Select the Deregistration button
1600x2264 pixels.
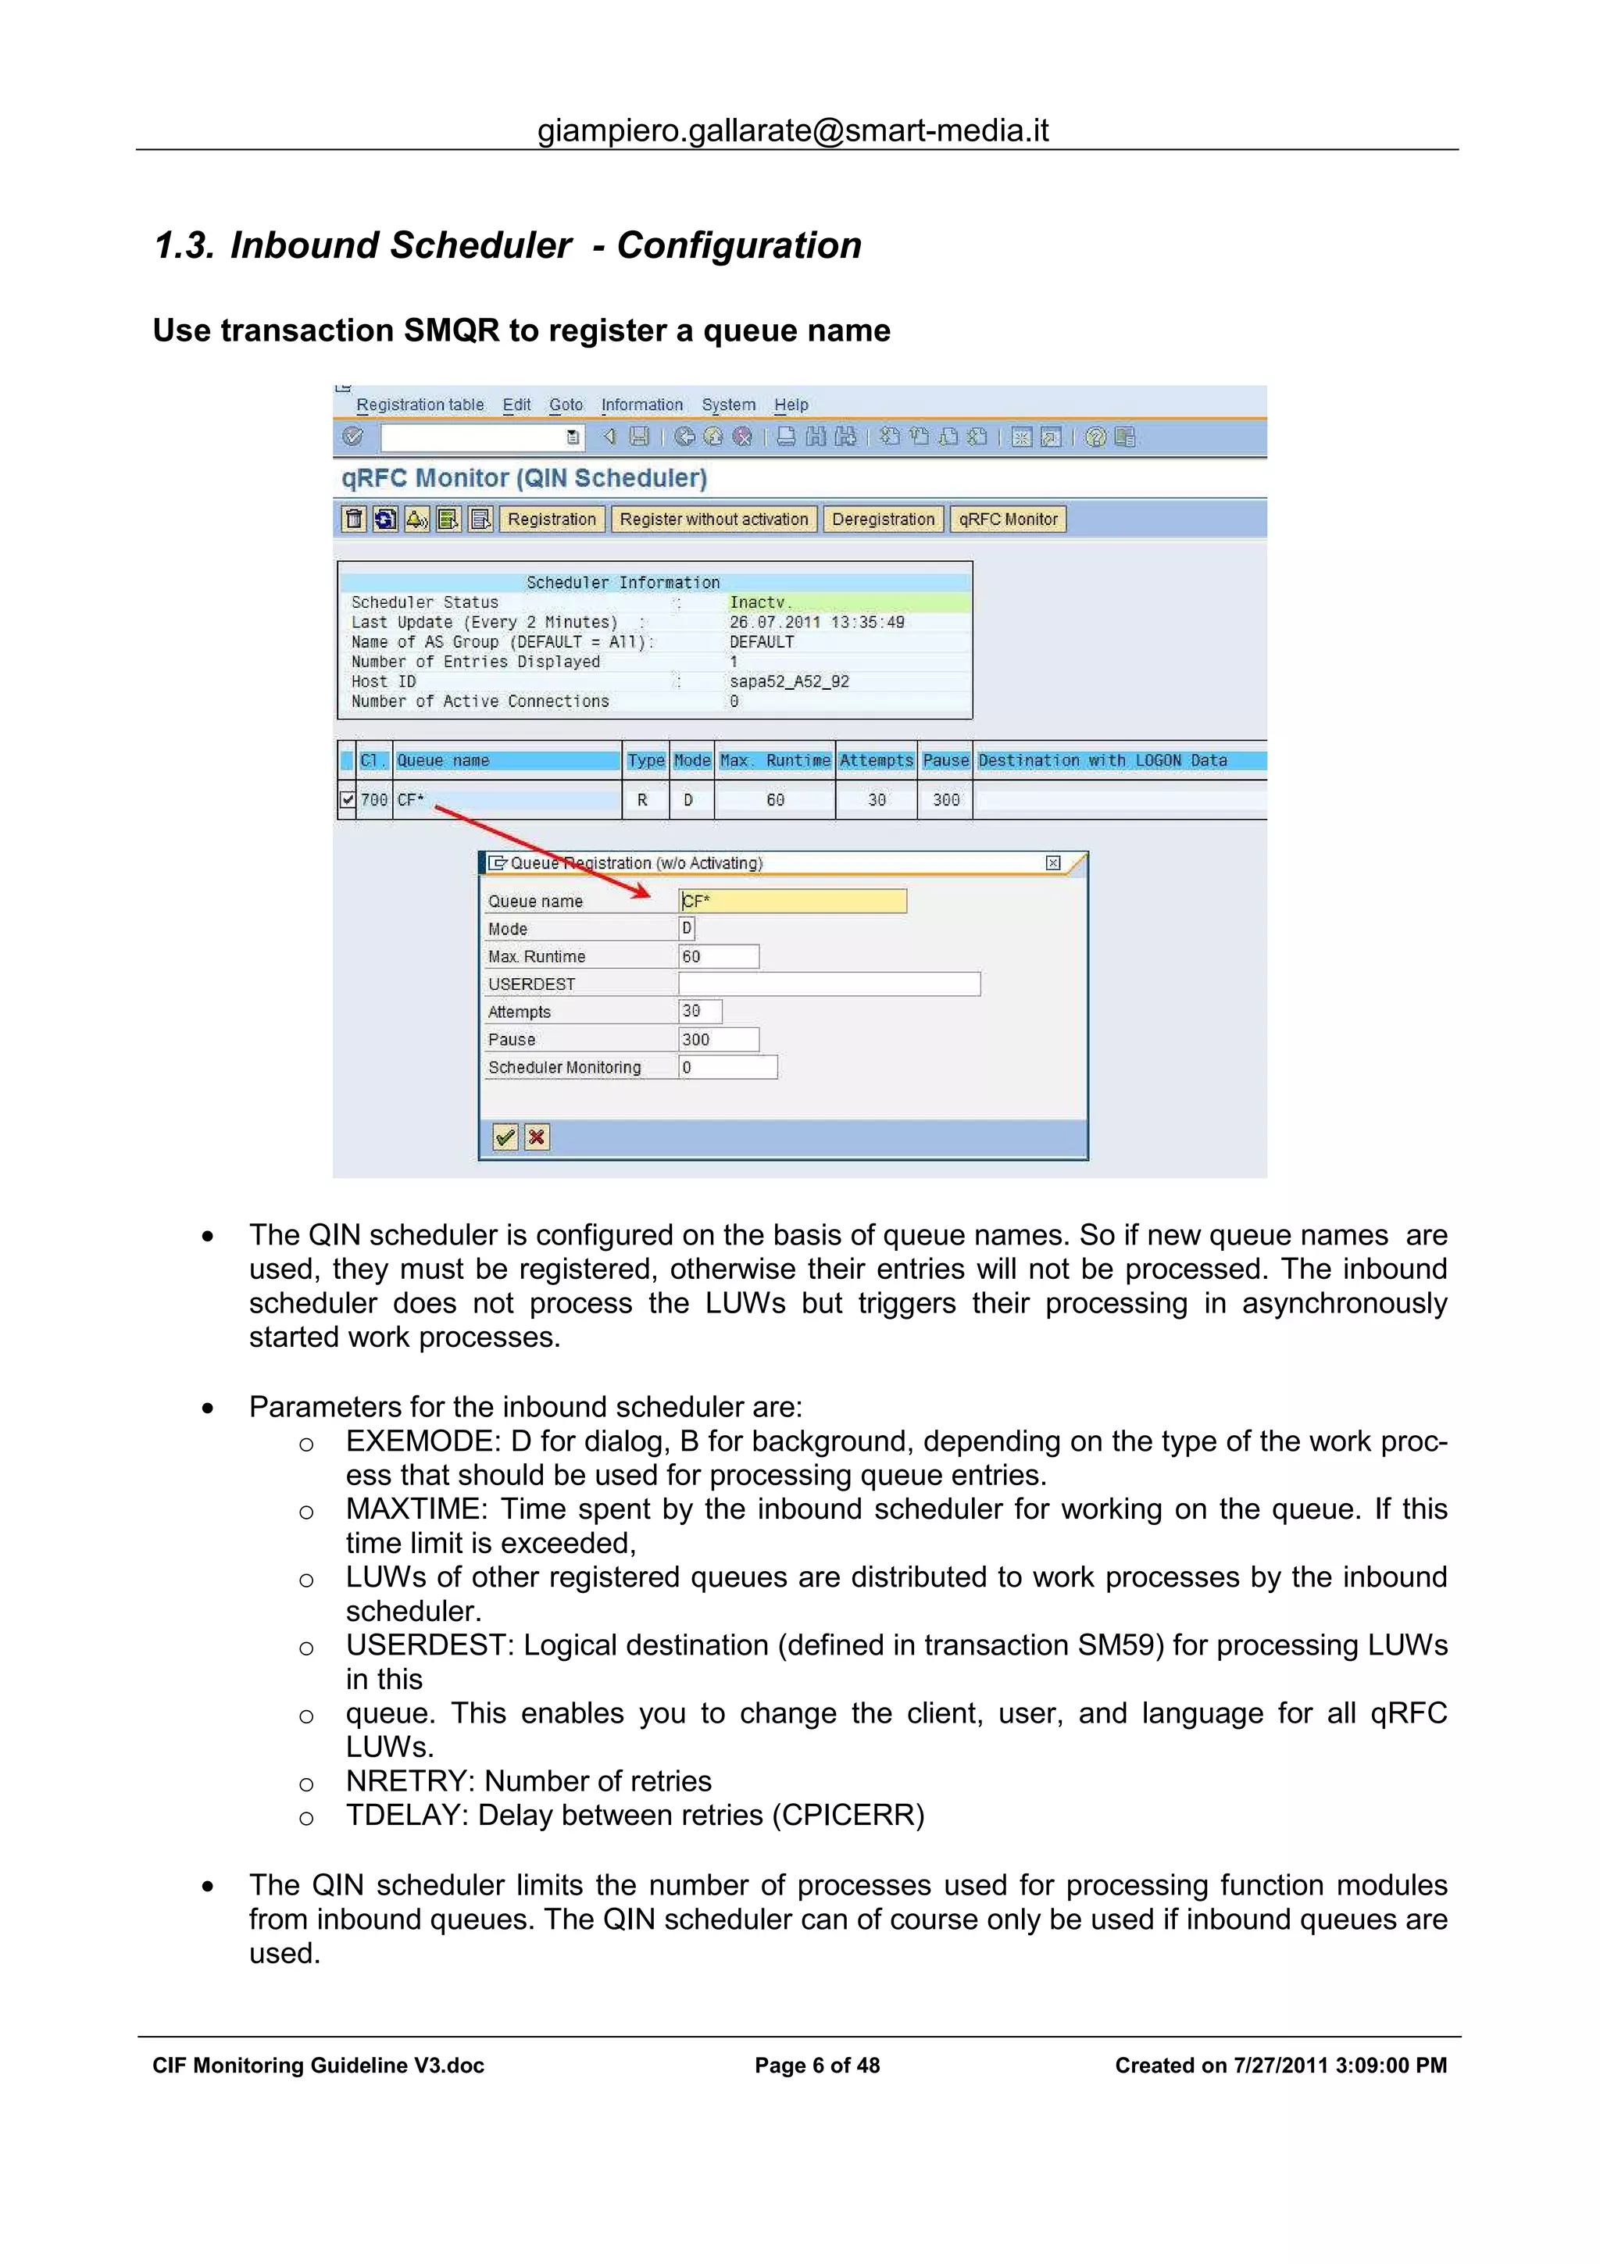[882, 520]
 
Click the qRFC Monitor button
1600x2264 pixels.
[1008, 520]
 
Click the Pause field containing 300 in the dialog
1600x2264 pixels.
[718, 1039]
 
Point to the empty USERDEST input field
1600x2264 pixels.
[828, 984]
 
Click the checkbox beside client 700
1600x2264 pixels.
[347, 800]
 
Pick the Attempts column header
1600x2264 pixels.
[877, 760]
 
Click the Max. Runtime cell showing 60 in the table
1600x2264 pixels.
[775, 800]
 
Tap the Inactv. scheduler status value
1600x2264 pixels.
[760, 602]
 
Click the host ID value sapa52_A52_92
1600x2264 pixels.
[788, 681]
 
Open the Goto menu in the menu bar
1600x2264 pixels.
[566, 405]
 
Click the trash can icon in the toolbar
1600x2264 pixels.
[354, 520]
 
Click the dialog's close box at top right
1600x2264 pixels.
[1053, 862]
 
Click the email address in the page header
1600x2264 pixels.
[793, 130]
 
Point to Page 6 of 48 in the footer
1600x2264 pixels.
[816, 2065]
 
